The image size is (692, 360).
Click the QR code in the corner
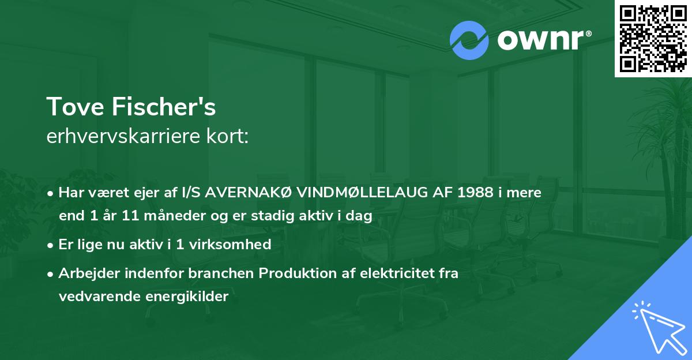pyautogui.click(x=653, y=38)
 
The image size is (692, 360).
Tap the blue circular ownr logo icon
pyautogui.click(x=469, y=40)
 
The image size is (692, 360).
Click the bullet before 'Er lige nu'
pyautogui.click(x=51, y=245)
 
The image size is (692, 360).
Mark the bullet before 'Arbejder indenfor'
pyautogui.click(x=51, y=274)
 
